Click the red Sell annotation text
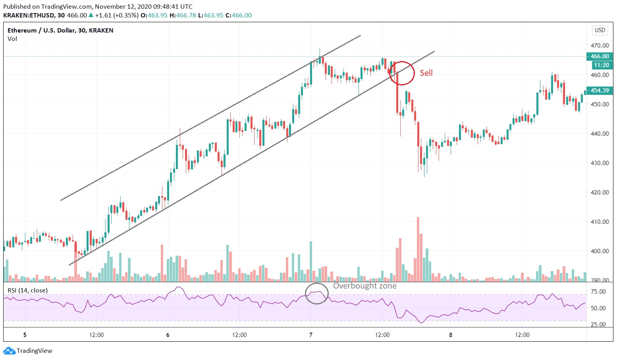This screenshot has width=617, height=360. (426, 73)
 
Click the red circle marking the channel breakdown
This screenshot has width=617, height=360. (402, 73)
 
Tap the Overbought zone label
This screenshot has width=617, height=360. (364, 286)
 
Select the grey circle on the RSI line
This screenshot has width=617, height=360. (317, 294)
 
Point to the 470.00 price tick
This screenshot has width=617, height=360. (599, 45)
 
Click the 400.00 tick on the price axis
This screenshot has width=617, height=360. (599, 251)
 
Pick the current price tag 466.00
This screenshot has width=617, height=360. (600, 56)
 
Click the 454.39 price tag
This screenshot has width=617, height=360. (600, 90)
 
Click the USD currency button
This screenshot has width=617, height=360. (600, 30)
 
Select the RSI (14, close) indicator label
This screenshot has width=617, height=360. (27, 291)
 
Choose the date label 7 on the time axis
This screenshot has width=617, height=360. (311, 335)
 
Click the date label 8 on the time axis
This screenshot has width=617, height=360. (451, 335)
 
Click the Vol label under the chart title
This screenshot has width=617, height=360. (12, 39)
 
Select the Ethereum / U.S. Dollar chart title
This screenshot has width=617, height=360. (60, 31)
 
